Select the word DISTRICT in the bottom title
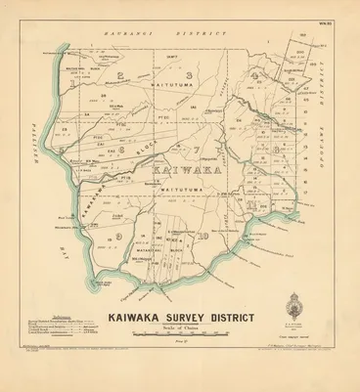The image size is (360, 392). click(235, 316)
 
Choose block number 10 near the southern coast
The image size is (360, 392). click(201, 236)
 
